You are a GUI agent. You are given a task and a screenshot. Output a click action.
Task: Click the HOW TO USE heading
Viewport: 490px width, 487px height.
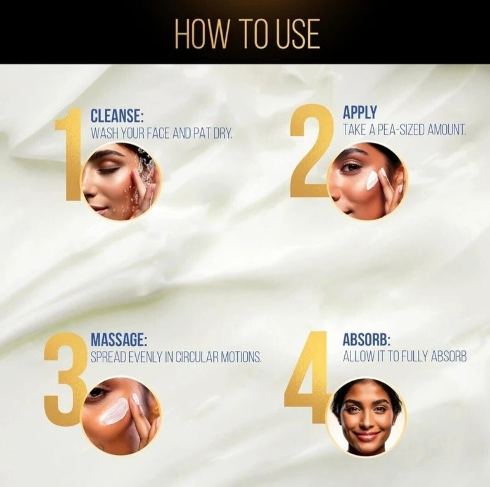(x=247, y=34)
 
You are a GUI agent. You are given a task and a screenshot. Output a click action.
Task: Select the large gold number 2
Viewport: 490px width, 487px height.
(x=311, y=152)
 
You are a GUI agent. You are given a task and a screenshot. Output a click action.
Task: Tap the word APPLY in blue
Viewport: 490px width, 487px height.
(x=360, y=112)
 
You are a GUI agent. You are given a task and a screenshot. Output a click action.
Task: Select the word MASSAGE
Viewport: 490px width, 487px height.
(x=119, y=340)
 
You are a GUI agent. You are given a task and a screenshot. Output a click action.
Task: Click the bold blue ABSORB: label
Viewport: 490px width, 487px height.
(x=367, y=340)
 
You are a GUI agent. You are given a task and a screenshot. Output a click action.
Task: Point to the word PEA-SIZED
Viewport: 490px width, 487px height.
(x=401, y=129)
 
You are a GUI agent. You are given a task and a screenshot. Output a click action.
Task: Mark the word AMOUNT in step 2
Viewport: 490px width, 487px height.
(x=446, y=129)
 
